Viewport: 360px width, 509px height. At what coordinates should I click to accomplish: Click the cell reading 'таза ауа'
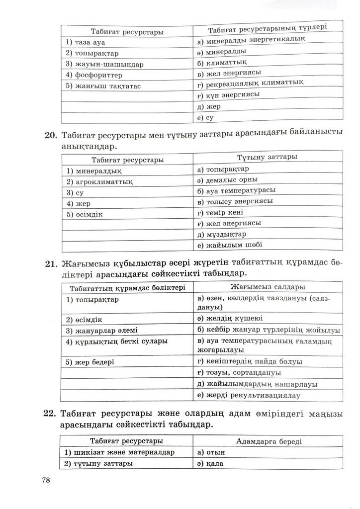point(85,43)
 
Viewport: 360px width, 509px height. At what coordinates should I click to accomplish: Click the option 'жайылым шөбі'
point(229,245)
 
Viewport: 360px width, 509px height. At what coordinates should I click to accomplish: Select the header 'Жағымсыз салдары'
point(268,287)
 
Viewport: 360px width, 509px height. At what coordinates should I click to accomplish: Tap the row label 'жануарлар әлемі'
point(102,331)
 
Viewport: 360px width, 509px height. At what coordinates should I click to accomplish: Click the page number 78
point(48,480)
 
